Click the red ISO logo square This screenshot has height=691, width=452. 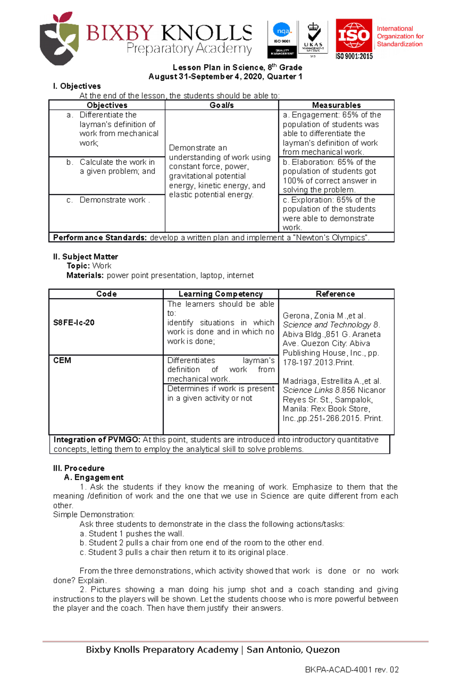coord(354,37)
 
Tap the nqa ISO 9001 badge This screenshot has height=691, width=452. coord(282,39)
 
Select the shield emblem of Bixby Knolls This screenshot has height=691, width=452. coord(60,39)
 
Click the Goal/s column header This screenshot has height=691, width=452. coord(221,105)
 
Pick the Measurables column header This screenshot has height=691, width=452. coord(336,105)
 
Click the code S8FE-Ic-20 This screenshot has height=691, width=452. coord(74,323)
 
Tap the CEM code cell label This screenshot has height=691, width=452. coord(62,360)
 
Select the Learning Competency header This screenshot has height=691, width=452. coord(220,294)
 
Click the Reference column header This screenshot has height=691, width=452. coord(335,294)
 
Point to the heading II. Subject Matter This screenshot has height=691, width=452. coord(86,257)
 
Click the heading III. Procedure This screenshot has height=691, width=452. coord(79,468)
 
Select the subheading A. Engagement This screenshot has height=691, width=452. coord(94,477)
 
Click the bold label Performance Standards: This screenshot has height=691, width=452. coord(100,238)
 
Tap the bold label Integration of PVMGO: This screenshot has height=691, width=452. coord(97,440)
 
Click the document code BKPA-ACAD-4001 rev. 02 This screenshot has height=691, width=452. coord(351,670)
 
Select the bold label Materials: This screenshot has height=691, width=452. coord(85,276)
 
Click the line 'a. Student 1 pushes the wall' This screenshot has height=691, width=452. coord(131,534)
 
